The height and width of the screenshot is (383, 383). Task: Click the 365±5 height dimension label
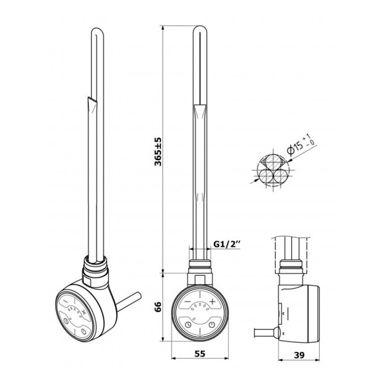(158, 152)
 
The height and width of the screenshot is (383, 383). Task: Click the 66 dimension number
(158, 307)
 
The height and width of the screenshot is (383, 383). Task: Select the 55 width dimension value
(200, 354)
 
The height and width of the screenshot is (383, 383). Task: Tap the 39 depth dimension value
(299, 355)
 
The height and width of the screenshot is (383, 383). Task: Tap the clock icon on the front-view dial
(188, 325)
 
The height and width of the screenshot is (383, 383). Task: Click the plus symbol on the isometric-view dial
(84, 312)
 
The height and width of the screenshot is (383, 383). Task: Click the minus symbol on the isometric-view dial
(66, 302)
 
